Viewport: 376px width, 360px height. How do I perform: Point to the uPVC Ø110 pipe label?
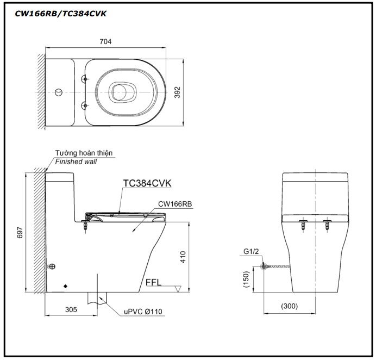[142, 312]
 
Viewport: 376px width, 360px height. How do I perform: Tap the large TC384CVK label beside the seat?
[147, 184]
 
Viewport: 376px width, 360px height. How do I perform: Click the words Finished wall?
[74, 162]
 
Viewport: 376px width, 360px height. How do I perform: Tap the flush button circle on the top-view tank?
[59, 88]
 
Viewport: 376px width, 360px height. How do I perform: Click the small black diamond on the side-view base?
[65, 285]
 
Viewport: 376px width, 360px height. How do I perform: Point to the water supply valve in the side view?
[52, 266]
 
